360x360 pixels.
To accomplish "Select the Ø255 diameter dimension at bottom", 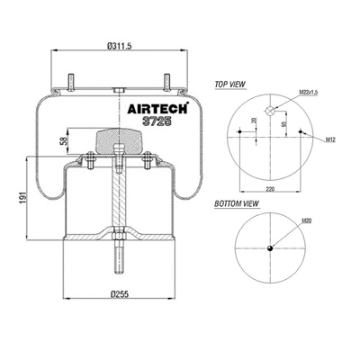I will click(118, 292).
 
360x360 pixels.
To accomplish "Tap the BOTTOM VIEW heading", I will click(233, 204).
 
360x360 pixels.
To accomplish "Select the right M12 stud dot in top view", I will click(301, 136).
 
